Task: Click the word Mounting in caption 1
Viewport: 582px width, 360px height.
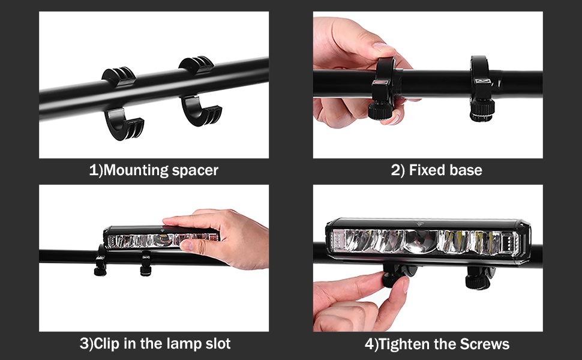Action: click(x=133, y=170)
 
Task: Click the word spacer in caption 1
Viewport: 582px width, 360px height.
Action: click(x=194, y=170)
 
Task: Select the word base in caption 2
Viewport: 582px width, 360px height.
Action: click(x=466, y=170)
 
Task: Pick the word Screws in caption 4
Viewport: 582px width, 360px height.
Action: click(x=482, y=344)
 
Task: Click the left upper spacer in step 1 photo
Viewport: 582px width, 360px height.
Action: click(x=119, y=77)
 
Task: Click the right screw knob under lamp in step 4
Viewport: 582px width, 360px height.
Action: click(x=478, y=279)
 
